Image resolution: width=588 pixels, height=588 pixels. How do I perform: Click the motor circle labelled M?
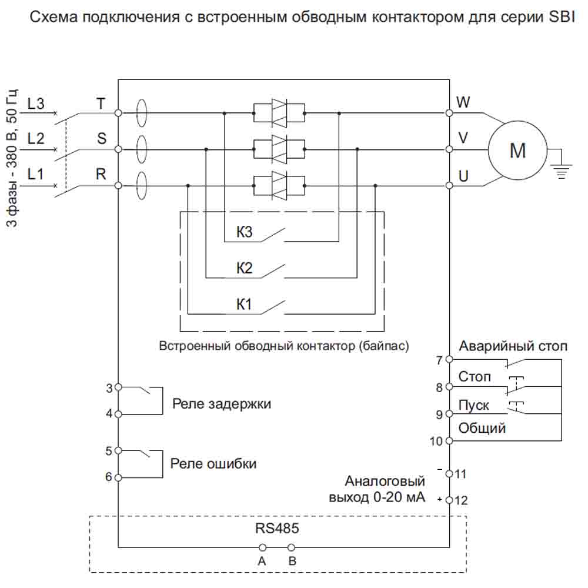pyautogui.click(x=517, y=150)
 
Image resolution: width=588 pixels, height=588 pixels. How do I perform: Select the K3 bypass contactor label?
pyautogui.click(x=245, y=232)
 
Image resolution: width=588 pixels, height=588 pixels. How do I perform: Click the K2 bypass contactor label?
pyautogui.click(x=245, y=269)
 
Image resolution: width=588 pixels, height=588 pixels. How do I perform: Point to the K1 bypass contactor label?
pyautogui.click(x=245, y=305)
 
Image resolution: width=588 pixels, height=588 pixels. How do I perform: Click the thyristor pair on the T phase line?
pyautogui.click(x=279, y=112)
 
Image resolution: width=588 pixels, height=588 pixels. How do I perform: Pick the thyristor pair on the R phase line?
pyautogui.click(x=279, y=185)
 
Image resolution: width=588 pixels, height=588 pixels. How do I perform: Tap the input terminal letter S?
pyautogui.click(x=102, y=139)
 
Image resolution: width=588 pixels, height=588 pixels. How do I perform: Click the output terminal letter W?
pyautogui.click(x=463, y=102)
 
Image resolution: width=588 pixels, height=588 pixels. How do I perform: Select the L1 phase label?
pyautogui.click(x=36, y=175)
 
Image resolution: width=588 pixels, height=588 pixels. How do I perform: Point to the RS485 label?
pyautogui.click(x=277, y=527)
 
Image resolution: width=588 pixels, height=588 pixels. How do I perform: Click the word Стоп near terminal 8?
pyautogui.click(x=475, y=376)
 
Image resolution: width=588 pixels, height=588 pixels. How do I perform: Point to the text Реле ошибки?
pyautogui.click(x=213, y=463)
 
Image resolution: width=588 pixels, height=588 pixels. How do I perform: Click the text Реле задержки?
pyautogui.click(x=222, y=404)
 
